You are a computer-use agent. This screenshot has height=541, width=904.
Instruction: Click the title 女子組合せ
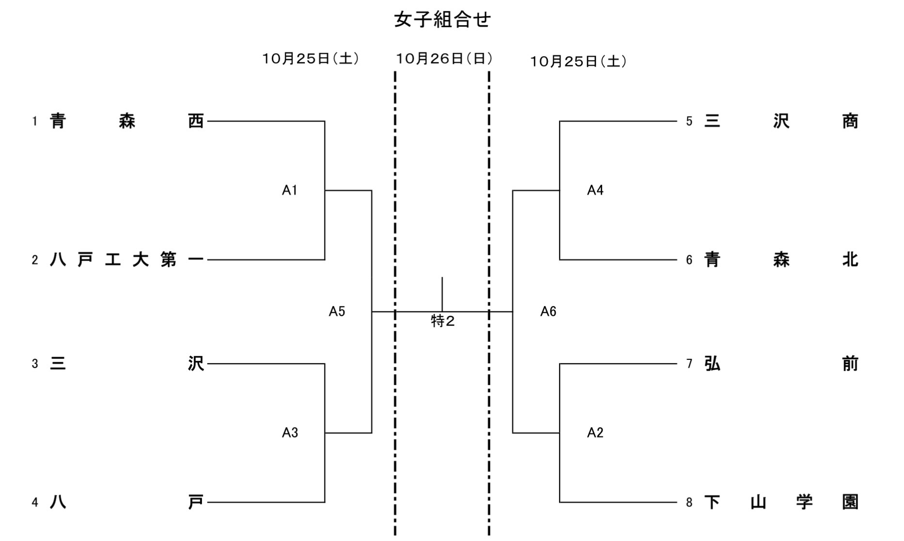[x=442, y=20]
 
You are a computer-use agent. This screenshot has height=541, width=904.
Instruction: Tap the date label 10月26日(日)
[x=444, y=59]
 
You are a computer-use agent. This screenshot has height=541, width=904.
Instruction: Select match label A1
[x=289, y=190]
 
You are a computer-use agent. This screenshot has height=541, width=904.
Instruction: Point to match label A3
[x=290, y=433]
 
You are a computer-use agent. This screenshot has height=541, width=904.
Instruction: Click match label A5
[x=337, y=311]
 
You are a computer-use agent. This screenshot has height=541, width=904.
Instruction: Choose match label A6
[x=548, y=311]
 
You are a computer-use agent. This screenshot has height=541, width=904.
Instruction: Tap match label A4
[x=595, y=190]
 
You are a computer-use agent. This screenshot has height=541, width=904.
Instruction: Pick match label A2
[x=595, y=433]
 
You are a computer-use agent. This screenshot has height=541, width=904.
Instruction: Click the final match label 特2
[x=443, y=321]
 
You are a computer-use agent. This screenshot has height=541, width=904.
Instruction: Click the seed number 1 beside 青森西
[x=35, y=121]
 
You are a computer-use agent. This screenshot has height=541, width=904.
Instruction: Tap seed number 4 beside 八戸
[x=35, y=502]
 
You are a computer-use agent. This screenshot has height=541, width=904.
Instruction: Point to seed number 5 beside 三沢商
[x=689, y=121]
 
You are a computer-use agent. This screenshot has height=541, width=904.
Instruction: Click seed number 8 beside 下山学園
[x=689, y=502]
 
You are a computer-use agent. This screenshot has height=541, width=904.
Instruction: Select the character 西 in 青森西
[x=196, y=121]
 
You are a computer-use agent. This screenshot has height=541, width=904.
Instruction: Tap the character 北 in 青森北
[x=850, y=260]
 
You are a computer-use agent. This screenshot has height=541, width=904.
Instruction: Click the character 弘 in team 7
[x=712, y=363]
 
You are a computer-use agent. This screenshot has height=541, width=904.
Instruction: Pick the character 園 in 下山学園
[x=850, y=502]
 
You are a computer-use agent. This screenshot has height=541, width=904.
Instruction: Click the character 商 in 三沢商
[x=850, y=121]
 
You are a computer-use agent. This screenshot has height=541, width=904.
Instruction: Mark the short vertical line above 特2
[x=442, y=294]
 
